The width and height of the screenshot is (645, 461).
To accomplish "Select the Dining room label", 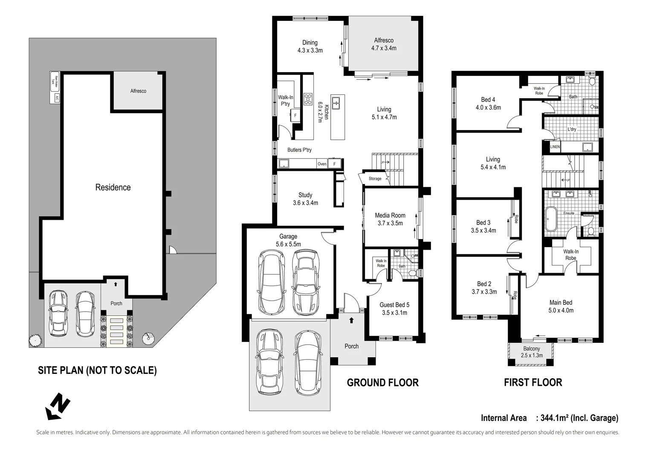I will pos(310,43).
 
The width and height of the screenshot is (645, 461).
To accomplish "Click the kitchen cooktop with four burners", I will pos(308,99).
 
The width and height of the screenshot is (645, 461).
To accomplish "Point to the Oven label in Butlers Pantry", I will pos(322,164).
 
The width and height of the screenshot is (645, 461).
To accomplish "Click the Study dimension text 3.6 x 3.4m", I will pos(305,203).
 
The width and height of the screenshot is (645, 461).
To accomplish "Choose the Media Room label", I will pos(390,215).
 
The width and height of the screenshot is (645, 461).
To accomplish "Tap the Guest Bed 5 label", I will pos(394,305).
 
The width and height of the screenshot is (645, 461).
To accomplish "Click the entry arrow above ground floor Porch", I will pos(351,320).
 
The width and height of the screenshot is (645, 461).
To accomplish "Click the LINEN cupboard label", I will pos(555,147).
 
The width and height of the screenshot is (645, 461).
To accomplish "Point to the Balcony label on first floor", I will pos(532,349).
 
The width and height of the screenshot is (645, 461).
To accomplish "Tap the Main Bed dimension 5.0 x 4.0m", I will pos(561,310).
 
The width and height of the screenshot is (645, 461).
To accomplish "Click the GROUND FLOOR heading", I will pos(382,382).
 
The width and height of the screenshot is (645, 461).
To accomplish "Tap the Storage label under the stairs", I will pos(375,178).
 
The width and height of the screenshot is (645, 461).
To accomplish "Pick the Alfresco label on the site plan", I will pos(138,91).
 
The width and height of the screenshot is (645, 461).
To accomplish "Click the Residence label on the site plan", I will pos(113,187).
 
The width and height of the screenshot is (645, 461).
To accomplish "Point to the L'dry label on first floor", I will pos(572,129).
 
